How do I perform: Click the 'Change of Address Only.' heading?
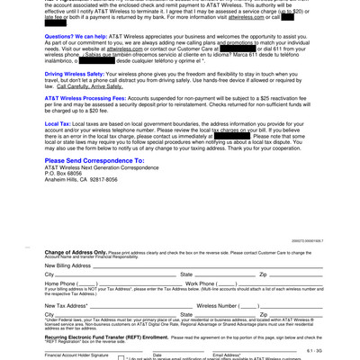(x=76, y=253)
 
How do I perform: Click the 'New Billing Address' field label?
(x=68, y=266)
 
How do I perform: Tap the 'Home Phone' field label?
(x=60, y=283)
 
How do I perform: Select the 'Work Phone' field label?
(x=200, y=283)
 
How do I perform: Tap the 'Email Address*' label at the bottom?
(x=232, y=355)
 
